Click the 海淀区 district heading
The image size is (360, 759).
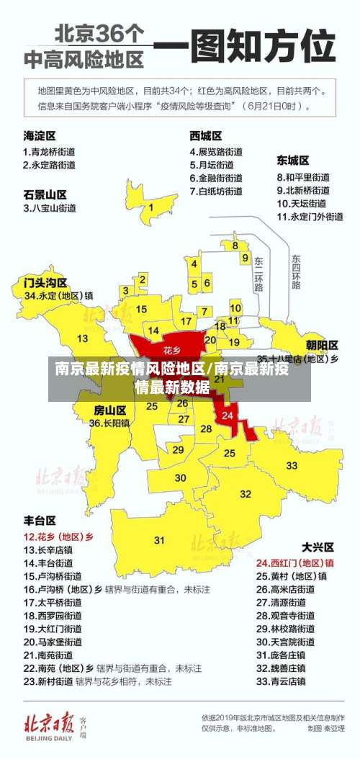(40, 135)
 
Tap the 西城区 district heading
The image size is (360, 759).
(206, 135)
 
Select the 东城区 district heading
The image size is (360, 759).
(293, 160)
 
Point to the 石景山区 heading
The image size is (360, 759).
(45, 194)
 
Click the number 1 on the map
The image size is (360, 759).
(150, 207)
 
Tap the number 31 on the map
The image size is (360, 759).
(159, 539)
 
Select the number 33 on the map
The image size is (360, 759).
(292, 465)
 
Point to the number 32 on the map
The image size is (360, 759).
(246, 493)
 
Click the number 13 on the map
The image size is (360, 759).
(83, 338)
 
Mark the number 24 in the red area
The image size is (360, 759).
(228, 416)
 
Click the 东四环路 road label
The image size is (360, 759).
(296, 272)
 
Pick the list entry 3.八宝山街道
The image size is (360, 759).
(50, 207)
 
